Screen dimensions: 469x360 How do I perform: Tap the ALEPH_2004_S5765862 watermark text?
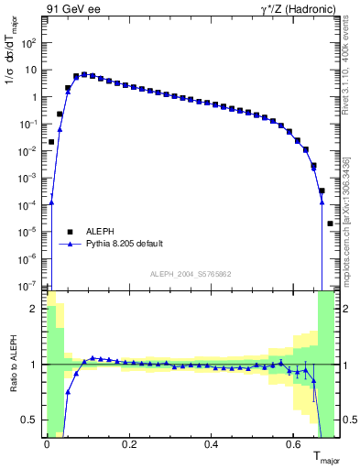tap(191, 275)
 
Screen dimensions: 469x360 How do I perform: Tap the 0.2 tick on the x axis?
tap(128, 445)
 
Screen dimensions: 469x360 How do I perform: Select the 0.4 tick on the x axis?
tap(211, 445)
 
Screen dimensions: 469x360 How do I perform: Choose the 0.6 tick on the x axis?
tap(293, 445)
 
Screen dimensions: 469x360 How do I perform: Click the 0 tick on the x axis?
tap(46, 445)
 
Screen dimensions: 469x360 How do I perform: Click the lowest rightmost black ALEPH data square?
tap(330, 224)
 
